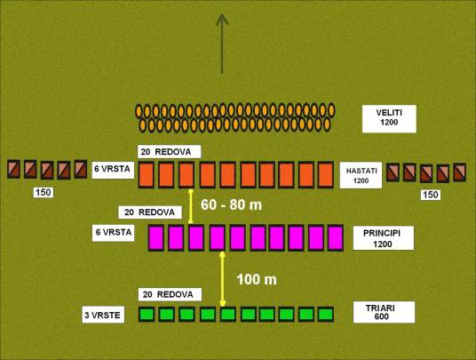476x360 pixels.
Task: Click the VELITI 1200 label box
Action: [389, 119]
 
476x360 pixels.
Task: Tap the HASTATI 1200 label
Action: [361, 175]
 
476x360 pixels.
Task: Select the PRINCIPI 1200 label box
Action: [384, 238]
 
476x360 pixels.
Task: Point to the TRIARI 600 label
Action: [384, 312]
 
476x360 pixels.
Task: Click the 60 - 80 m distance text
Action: [231, 205]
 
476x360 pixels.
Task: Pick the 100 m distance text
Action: [257, 279]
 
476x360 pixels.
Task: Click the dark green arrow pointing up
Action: [222, 44]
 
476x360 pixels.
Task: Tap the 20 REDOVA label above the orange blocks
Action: [169, 152]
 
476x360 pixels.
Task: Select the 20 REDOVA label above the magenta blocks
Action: [150, 212]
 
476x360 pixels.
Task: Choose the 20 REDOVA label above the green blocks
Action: [170, 294]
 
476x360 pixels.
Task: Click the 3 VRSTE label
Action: [103, 315]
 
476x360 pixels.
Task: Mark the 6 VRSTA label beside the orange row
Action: [113, 169]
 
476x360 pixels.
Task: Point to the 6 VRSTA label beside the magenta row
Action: [114, 232]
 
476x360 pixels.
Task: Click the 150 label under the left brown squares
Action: [44, 192]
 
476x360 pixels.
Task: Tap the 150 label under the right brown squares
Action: [431, 195]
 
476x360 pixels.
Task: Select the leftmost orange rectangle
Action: [147, 175]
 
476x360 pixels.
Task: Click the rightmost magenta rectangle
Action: [336, 238]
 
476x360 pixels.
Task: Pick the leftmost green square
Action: [147, 314]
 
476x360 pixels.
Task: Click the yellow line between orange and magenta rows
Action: [191, 206]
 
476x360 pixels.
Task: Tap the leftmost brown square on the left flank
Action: [13, 169]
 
